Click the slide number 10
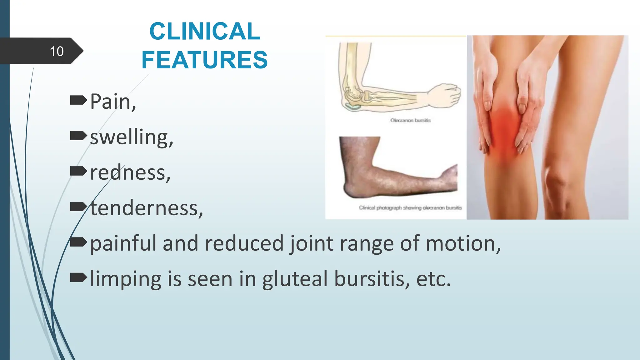57,51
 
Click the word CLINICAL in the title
205,31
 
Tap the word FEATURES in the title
205,60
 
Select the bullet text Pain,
113,102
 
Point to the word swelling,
131,137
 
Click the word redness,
130,173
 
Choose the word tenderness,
147,208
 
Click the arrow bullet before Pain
78,100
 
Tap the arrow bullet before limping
78,277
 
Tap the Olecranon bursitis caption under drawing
410,120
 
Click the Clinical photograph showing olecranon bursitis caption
410,207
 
